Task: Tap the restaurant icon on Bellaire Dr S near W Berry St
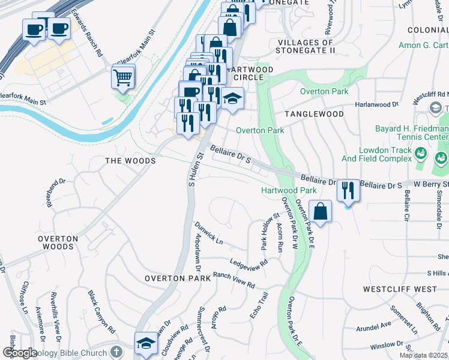[x=348, y=191]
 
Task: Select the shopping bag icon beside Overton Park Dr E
[x=321, y=211]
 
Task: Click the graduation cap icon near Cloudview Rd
[x=146, y=344]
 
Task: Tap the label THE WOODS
[x=130, y=161]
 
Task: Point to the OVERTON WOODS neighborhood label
[x=58, y=242]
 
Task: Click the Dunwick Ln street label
[x=208, y=234]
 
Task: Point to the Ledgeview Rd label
[x=249, y=263]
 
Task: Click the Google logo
[x=19, y=353]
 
